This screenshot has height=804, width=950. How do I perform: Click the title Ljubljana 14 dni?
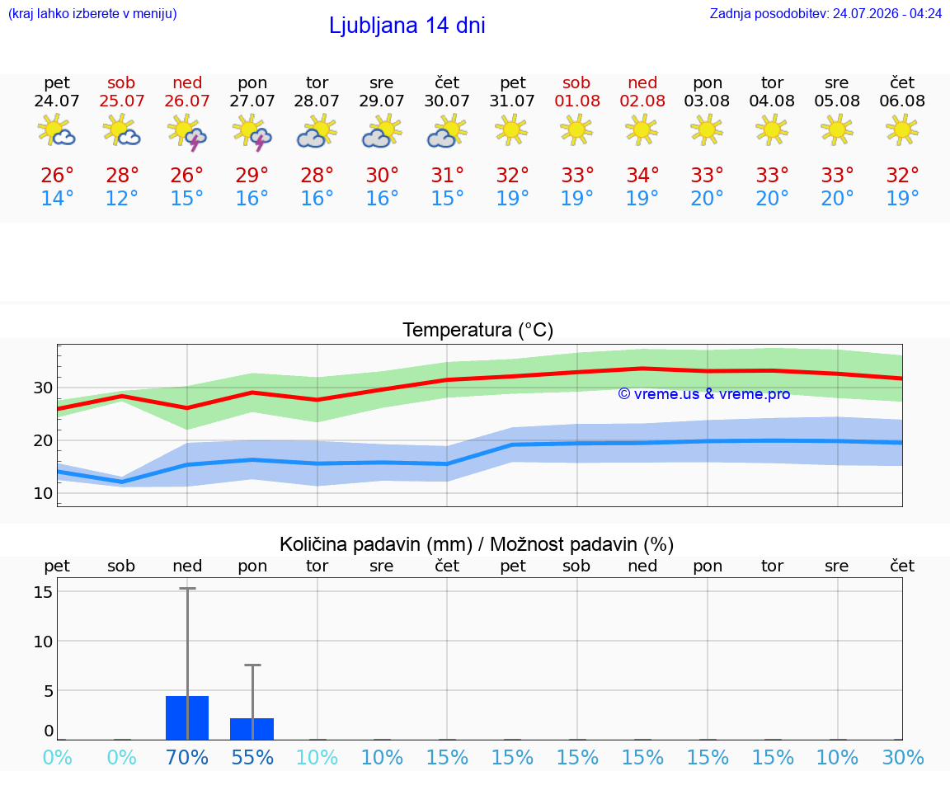tap(407, 26)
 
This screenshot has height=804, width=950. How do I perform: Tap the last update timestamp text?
tap(825, 13)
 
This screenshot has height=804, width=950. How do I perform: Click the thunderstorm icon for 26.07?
tap(187, 132)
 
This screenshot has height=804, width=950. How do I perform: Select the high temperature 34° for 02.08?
tap(642, 175)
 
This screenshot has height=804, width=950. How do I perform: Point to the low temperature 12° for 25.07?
tap(122, 198)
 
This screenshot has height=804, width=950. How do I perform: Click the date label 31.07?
tap(512, 101)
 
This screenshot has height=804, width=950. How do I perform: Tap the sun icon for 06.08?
tap(902, 129)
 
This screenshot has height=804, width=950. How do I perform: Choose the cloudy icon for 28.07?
tap(317, 131)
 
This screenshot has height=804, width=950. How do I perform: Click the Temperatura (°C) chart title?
tap(478, 330)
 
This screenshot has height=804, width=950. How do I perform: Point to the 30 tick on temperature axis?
tap(43, 388)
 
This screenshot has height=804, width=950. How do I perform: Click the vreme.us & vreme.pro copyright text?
tap(703, 394)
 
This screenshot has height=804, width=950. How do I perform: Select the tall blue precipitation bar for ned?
tap(187, 718)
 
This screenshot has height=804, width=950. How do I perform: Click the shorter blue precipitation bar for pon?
tap(252, 729)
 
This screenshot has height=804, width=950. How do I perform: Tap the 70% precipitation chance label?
tap(187, 757)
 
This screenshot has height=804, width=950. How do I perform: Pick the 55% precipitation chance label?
tap(252, 757)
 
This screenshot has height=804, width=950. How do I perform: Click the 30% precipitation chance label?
tap(903, 757)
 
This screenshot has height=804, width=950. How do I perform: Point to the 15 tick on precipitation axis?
tap(43, 591)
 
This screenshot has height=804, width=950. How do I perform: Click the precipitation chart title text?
tap(476, 544)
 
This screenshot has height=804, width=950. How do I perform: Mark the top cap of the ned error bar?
tap(187, 588)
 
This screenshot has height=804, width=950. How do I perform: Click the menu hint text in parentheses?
tap(92, 13)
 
